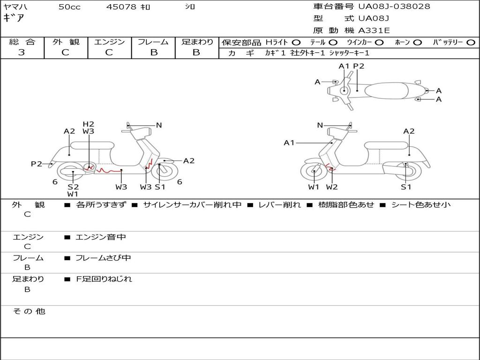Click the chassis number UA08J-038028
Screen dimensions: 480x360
pyautogui.click(x=394, y=7)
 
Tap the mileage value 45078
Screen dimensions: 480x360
pyautogui.click(x=121, y=7)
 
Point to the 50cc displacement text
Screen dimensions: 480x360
pyautogui.click(x=69, y=7)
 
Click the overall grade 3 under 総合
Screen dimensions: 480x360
pyautogui.click(x=22, y=52)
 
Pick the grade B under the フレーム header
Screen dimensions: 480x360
pyautogui.click(x=154, y=52)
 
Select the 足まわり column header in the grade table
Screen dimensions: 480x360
pyautogui.click(x=197, y=42)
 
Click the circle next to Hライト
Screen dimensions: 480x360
pyautogui.click(x=296, y=43)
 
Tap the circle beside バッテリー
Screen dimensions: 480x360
pyautogui.click(x=471, y=43)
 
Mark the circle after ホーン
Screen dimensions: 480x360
pyautogui.click(x=417, y=43)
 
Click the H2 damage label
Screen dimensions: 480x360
pyautogui.click(x=88, y=124)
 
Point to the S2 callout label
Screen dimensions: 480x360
pyautogui.click(x=73, y=187)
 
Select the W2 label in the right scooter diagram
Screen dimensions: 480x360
pyautogui.click(x=332, y=187)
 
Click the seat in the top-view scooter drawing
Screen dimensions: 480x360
pyautogui.click(x=386, y=90)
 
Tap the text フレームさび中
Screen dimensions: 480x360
pyautogui.click(x=103, y=258)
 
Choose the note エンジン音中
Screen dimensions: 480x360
pyautogui.click(x=101, y=237)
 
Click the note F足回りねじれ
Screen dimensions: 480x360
pyautogui.click(x=104, y=279)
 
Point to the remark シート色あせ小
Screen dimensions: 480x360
pyautogui.click(x=421, y=204)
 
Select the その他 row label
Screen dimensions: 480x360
pyautogui.click(x=29, y=311)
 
